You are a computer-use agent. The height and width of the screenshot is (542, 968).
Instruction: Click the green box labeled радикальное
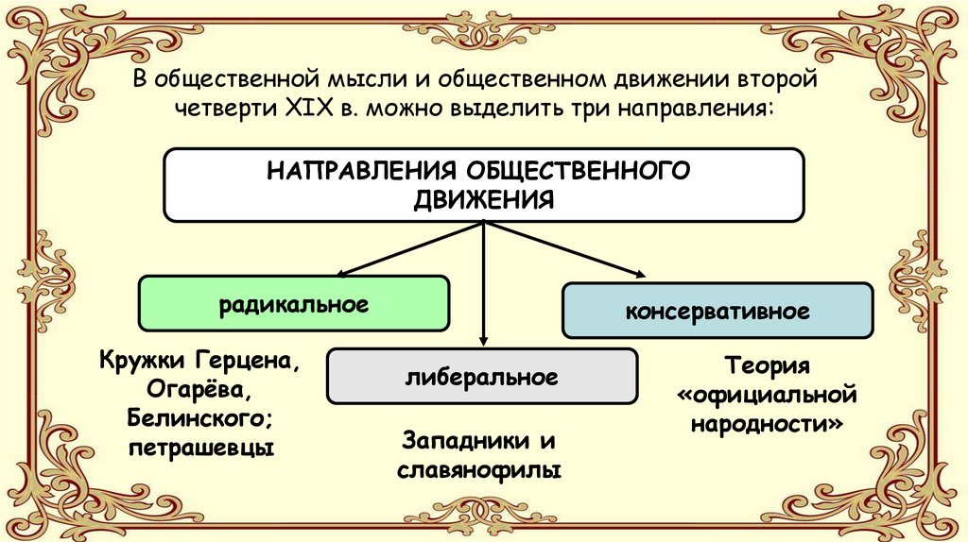(294, 304)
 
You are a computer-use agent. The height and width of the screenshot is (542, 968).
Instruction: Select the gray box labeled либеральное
(482, 376)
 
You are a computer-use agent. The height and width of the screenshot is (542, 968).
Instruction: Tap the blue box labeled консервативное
(716, 310)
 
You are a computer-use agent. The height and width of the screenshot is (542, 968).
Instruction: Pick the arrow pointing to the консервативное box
(567, 250)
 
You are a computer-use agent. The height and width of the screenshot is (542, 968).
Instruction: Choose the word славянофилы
(482, 469)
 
